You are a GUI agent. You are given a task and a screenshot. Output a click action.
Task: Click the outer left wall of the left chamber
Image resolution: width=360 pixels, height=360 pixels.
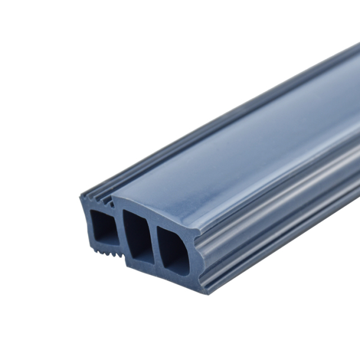click(x=87, y=222)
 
